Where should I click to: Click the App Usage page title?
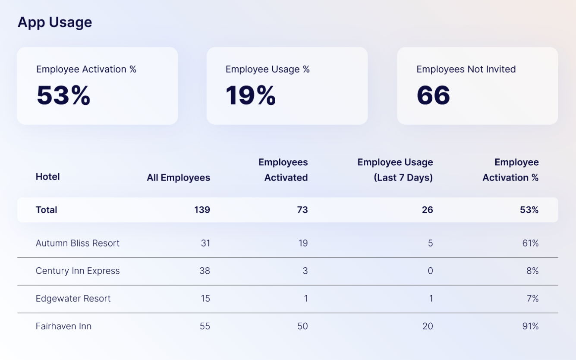pyautogui.click(x=55, y=22)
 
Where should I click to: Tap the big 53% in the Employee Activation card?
pyautogui.click(x=63, y=95)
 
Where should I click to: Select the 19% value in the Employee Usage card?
pyautogui.click(x=250, y=95)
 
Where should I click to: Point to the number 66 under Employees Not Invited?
pyautogui.click(x=433, y=95)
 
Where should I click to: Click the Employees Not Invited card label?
pyautogui.click(x=466, y=69)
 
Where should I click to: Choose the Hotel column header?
pyautogui.click(x=47, y=177)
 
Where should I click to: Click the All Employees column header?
pyautogui.click(x=178, y=177)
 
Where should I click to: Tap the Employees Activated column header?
pyautogui.click(x=283, y=170)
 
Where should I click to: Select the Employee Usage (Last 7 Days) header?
pyautogui.click(x=395, y=170)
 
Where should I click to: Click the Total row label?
pyautogui.click(x=46, y=210)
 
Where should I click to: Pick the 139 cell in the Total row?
pyautogui.click(x=202, y=210)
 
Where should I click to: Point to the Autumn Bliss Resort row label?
pyautogui.click(x=77, y=243)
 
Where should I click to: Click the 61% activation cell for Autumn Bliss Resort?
pyautogui.click(x=530, y=243)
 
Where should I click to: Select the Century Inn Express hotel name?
pyautogui.click(x=78, y=271)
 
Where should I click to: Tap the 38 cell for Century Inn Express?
pyautogui.click(x=205, y=271)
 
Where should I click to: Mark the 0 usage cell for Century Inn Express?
pyautogui.click(x=430, y=271)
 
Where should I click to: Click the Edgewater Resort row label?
pyautogui.click(x=73, y=298)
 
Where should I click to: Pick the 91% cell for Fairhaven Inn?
pyautogui.click(x=530, y=326)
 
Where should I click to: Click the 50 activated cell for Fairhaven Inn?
pyautogui.click(x=302, y=326)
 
